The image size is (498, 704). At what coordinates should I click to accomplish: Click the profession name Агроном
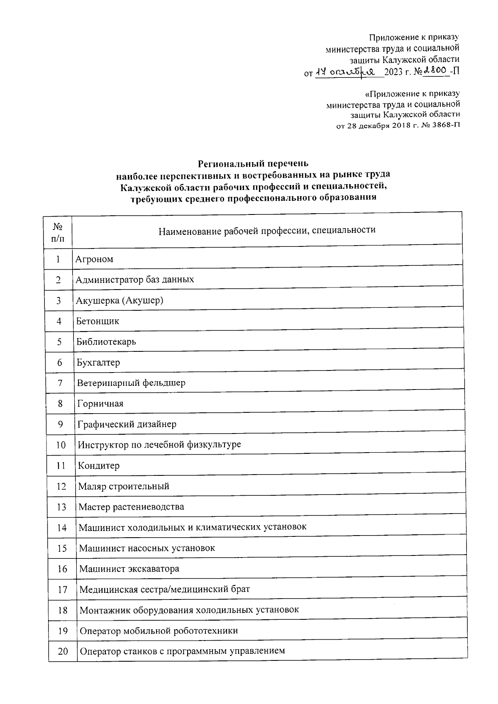click(x=94, y=259)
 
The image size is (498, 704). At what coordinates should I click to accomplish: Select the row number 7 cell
click(x=60, y=383)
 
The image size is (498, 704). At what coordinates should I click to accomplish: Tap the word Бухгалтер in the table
click(x=98, y=363)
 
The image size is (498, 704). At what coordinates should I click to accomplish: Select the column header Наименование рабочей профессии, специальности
click(x=267, y=230)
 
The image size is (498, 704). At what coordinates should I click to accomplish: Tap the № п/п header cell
click(x=58, y=232)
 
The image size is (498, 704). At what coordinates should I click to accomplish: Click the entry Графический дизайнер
click(x=127, y=424)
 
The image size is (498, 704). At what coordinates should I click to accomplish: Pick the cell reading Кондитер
click(x=99, y=465)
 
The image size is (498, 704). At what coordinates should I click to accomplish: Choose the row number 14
click(x=61, y=528)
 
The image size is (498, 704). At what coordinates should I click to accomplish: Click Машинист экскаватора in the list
click(x=129, y=569)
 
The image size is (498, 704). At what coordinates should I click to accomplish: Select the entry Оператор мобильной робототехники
click(x=159, y=631)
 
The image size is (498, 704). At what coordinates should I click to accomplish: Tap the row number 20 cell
click(x=63, y=651)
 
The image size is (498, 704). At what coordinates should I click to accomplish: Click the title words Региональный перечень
click(x=253, y=163)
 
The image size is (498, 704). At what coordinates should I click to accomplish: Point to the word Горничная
click(x=100, y=404)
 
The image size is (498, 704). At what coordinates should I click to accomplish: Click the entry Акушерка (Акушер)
click(x=120, y=300)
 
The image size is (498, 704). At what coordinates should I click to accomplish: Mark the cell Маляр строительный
click(x=124, y=486)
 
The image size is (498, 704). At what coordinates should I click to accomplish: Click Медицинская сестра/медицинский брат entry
click(x=165, y=590)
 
